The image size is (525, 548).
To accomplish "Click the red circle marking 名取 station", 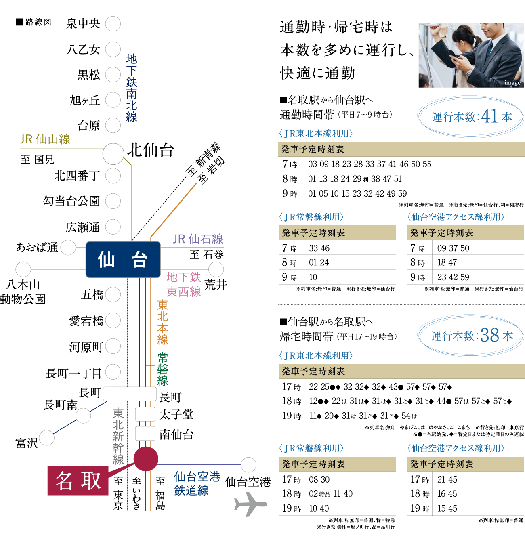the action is (x=146, y=459).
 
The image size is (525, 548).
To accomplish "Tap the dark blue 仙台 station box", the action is (x=123, y=259).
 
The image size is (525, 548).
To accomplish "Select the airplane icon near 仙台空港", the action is (x=250, y=504).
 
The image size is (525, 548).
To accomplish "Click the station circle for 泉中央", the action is (x=113, y=24).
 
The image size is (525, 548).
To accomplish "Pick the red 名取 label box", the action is (x=78, y=481).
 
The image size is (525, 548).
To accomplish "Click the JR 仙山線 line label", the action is (x=45, y=139).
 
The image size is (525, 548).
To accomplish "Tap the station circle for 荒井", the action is (x=216, y=269).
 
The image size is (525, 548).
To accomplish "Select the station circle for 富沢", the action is (x=46, y=438).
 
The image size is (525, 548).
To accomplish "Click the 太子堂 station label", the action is (x=176, y=414).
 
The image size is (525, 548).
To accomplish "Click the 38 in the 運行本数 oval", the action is (x=490, y=335).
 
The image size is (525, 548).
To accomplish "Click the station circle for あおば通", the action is (x=68, y=248).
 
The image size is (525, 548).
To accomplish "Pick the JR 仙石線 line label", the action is (x=198, y=239).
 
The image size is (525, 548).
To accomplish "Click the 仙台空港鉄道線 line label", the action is (x=197, y=483).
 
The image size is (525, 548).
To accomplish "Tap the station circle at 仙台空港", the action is (x=248, y=465).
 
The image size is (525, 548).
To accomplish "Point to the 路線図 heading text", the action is (x=38, y=22).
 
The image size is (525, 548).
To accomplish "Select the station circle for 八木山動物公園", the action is (x=23, y=269).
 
